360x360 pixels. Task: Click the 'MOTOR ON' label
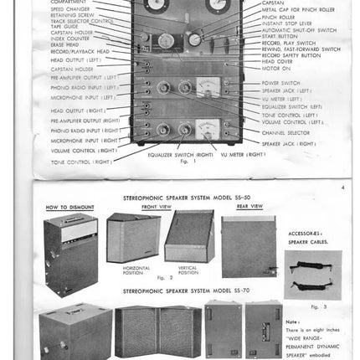pyautogui.click(x=275, y=68)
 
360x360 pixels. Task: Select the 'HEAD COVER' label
pyautogui.click(x=277, y=61)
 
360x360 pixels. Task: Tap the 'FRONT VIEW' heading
pyautogui.click(x=157, y=205)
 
